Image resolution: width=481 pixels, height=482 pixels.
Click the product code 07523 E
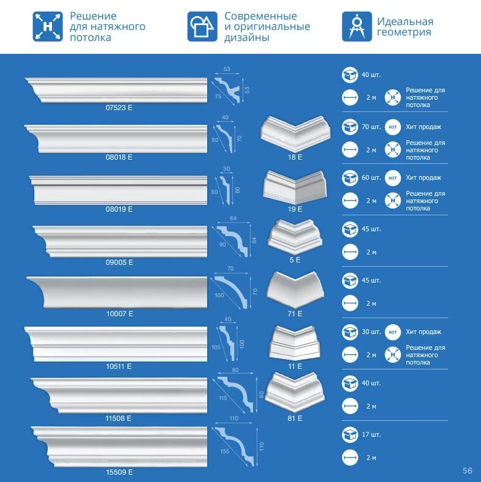coord(119,108)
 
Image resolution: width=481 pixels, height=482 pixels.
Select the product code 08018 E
coord(119,157)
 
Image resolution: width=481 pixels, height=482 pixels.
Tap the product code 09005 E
coord(119,262)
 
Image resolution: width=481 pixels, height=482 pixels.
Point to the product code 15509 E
coord(119,472)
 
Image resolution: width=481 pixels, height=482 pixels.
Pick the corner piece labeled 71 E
coord(295,291)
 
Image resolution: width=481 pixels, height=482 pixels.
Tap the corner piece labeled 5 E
coord(295,237)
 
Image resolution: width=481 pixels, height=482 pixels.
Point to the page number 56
coord(468,470)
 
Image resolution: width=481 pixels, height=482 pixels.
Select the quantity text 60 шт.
coord(371,178)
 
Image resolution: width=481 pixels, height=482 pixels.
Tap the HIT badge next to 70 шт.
coord(393,127)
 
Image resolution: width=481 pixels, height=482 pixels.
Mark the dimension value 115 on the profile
coord(222,398)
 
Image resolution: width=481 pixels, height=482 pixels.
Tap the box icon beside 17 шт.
coord(350,436)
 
